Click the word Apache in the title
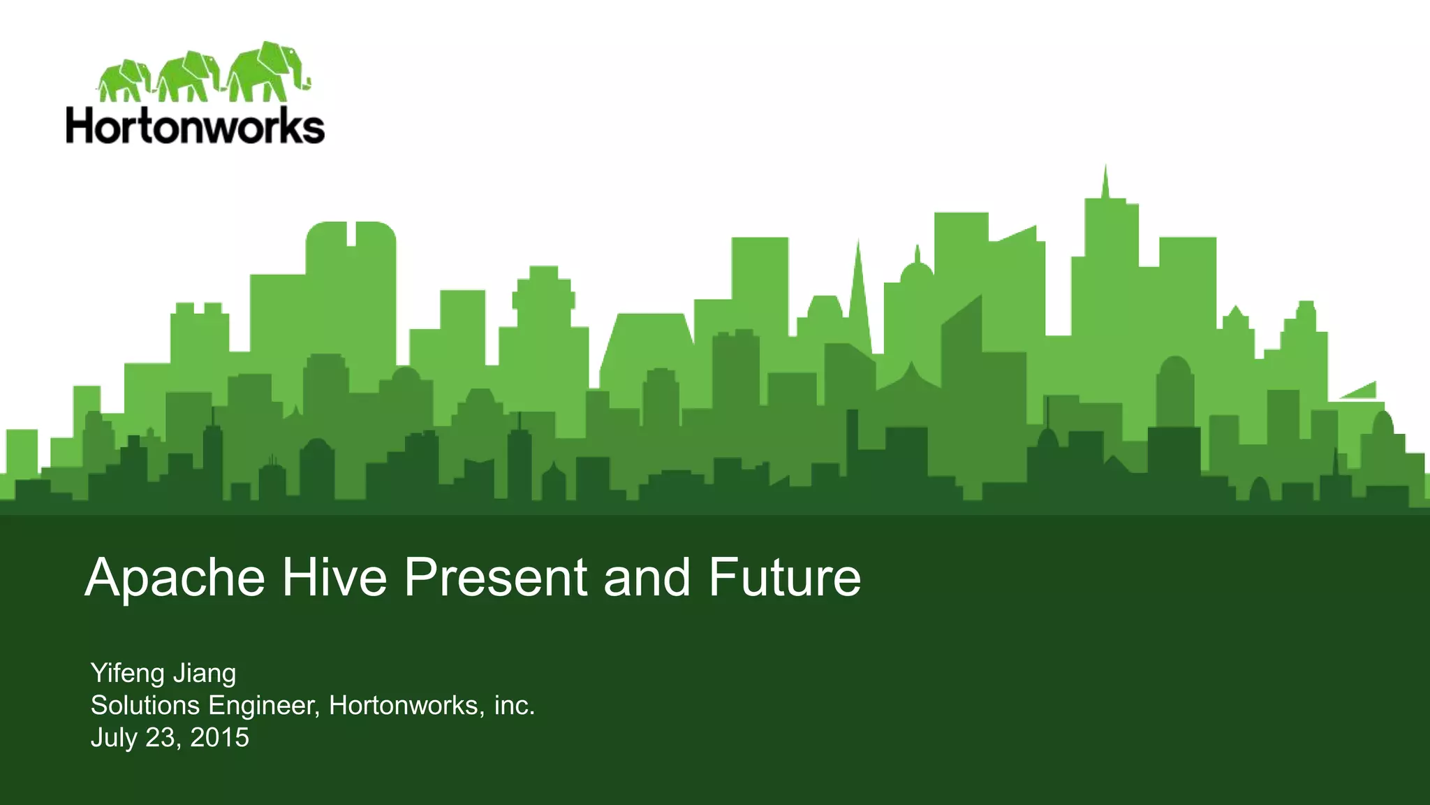(x=175, y=579)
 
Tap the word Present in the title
(x=496, y=579)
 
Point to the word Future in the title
(x=785, y=579)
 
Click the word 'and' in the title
(x=647, y=579)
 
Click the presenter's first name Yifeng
(x=127, y=674)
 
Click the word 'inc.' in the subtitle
(x=514, y=706)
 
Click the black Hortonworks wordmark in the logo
(x=196, y=127)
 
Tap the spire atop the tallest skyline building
(x=1105, y=182)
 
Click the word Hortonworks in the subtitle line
(x=403, y=706)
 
